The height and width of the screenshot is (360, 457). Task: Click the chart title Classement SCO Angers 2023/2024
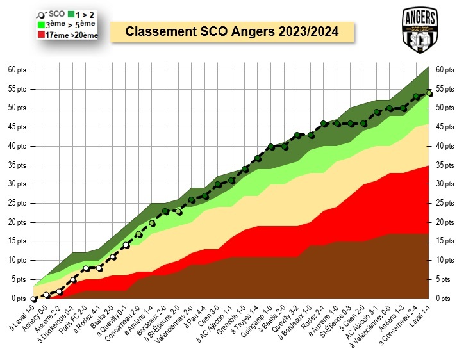pos(231,31)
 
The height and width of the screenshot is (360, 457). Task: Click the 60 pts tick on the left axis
pos(17,70)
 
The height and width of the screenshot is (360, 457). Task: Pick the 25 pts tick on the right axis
pos(444,204)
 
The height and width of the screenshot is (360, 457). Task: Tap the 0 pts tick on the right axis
pos(443,299)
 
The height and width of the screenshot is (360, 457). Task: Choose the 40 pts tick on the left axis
pos(17,146)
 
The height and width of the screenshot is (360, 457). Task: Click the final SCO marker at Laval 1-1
pos(429,93)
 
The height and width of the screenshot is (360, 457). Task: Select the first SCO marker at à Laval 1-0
pos(33,299)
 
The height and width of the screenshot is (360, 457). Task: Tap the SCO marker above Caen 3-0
pos(218,184)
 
